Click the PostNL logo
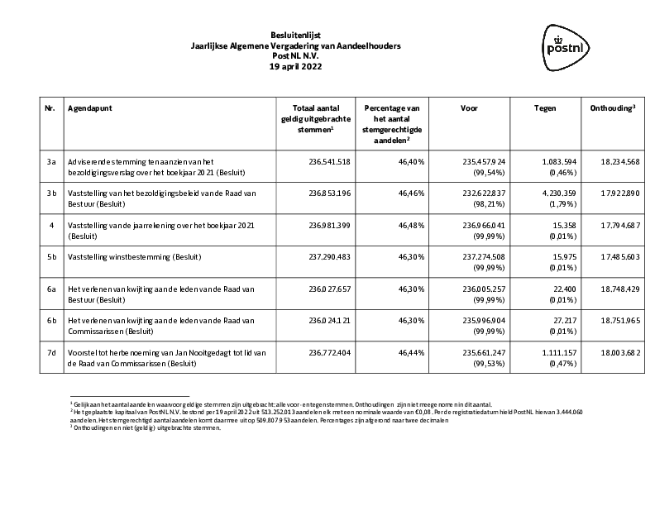[568, 43]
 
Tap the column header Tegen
[545, 108]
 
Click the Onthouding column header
[613, 108]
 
